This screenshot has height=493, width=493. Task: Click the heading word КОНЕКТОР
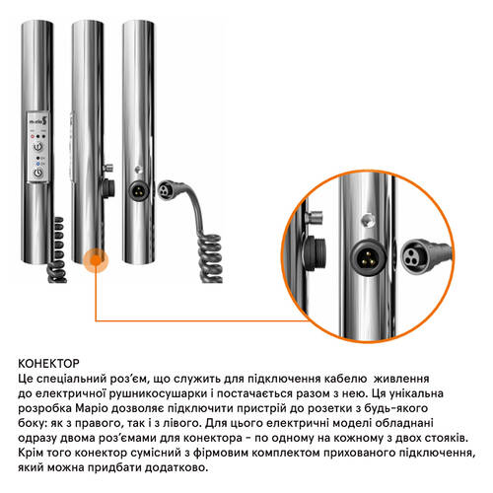(48, 364)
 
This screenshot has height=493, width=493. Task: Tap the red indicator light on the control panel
(33, 136)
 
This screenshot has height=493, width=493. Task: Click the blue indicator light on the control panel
(38, 164)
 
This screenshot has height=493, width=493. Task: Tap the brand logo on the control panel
(38, 121)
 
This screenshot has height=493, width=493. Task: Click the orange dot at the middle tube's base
(96, 260)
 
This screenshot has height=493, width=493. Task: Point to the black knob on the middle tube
(108, 188)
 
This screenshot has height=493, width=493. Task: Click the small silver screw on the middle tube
(107, 168)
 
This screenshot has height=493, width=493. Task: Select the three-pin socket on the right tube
(138, 190)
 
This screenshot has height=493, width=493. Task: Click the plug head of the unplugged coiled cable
(165, 190)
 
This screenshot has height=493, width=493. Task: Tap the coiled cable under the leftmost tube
(58, 249)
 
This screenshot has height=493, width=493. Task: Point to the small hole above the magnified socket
(368, 220)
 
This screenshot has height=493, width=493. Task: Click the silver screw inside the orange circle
(315, 217)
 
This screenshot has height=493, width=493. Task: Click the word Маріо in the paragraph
(92, 408)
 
